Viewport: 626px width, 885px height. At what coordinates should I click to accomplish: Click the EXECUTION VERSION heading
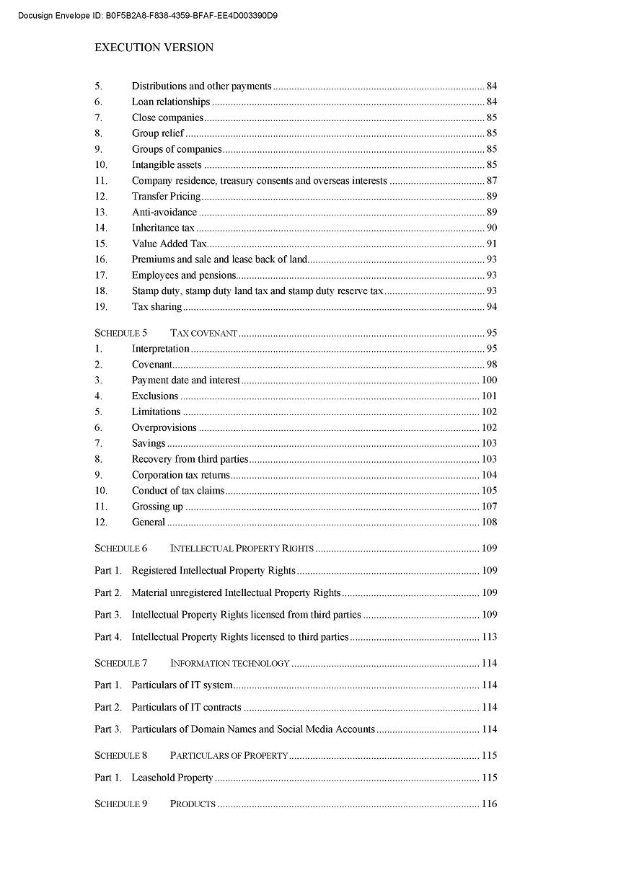pyautogui.click(x=154, y=48)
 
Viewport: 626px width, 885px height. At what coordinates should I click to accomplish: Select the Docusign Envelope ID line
pyautogui.click(x=148, y=15)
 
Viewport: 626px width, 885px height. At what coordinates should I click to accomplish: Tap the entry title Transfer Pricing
pyautogui.click(x=166, y=196)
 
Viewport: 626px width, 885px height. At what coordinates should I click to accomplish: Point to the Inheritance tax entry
pyautogui.click(x=163, y=228)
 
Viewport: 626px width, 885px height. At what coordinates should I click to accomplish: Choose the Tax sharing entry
pyautogui.click(x=156, y=307)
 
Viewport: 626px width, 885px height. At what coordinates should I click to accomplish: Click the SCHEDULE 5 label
pyautogui.click(x=120, y=333)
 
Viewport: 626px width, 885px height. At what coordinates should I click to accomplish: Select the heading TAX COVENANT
pyautogui.click(x=204, y=333)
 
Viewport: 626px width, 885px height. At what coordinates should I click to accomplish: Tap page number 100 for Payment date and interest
pyautogui.click(x=489, y=380)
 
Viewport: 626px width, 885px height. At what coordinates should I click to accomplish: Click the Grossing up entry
pyautogui.click(x=157, y=507)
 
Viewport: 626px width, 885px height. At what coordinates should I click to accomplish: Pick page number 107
pyautogui.click(x=489, y=507)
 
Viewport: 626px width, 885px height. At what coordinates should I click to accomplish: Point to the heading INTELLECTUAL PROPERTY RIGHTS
pyautogui.click(x=242, y=548)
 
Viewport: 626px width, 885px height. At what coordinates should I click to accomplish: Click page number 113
pyautogui.click(x=489, y=637)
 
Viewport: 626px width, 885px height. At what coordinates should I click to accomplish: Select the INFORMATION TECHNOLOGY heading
pyautogui.click(x=229, y=663)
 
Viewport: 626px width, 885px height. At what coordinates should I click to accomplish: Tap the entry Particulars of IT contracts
pyautogui.click(x=186, y=708)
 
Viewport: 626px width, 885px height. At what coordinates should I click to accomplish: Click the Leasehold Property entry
pyautogui.click(x=172, y=778)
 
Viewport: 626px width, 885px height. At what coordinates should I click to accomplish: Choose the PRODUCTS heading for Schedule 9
pyautogui.click(x=193, y=804)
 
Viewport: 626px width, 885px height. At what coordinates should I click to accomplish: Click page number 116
pyautogui.click(x=489, y=804)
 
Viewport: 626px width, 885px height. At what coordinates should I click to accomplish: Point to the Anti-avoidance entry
pyautogui.click(x=164, y=212)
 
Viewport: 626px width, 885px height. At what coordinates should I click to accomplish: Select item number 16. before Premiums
pyautogui.click(x=101, y=259)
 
